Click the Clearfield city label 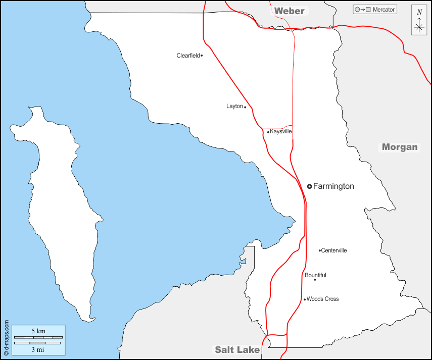[x=188, y=56]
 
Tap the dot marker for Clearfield [x=202, y=56]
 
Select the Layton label [x=234, y=107]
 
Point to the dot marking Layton [x=245, y=107]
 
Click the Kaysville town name [x=281, y=132]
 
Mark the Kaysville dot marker [x=268, y=132]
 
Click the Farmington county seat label [x=333, y=186]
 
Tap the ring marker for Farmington [x=309, y=186]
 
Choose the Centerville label [x=334, y=250]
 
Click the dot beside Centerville [x=320, y=250]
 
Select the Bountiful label [x=315, y=275]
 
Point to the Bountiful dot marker [x=315, y=280]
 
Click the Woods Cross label [x=322, y=299]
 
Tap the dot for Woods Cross [x=305, y=299]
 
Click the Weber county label [x=290, y=11]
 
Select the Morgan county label [x=400, y=147]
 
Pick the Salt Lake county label [x=237, y=349]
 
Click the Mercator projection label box [x=375, y=10]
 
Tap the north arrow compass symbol [x=419, y=21]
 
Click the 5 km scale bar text [x=38, y=331]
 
